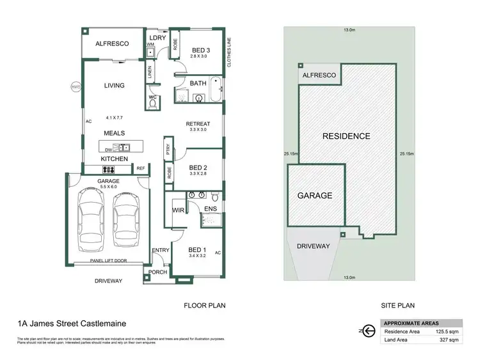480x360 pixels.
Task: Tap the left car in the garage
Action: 89,217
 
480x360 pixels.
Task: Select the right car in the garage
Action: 125,217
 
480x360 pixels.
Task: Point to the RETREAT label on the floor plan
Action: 198,123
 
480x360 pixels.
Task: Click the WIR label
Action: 179,209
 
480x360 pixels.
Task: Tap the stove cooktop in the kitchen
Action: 108,169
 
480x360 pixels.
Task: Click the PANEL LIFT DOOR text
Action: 106,262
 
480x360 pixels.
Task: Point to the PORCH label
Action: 158,272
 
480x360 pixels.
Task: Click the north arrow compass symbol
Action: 367,330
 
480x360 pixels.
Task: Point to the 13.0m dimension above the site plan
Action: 348,29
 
